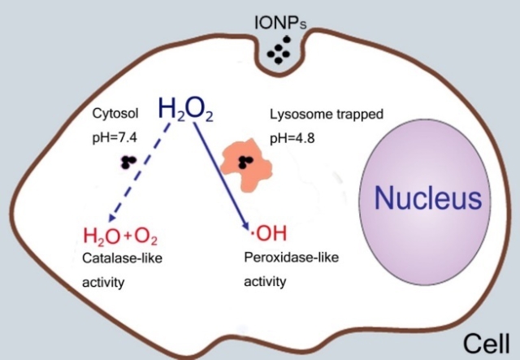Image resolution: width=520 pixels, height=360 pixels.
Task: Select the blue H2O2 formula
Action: [x=185, y=110]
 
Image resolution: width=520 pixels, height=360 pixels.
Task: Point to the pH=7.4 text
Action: [x=115, y=139]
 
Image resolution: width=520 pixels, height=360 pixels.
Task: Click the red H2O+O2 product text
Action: [x=120, y=237]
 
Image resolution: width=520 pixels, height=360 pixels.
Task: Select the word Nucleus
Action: [x=428, y=197]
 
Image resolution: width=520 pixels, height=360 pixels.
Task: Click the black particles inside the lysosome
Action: [x=245, y=162]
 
